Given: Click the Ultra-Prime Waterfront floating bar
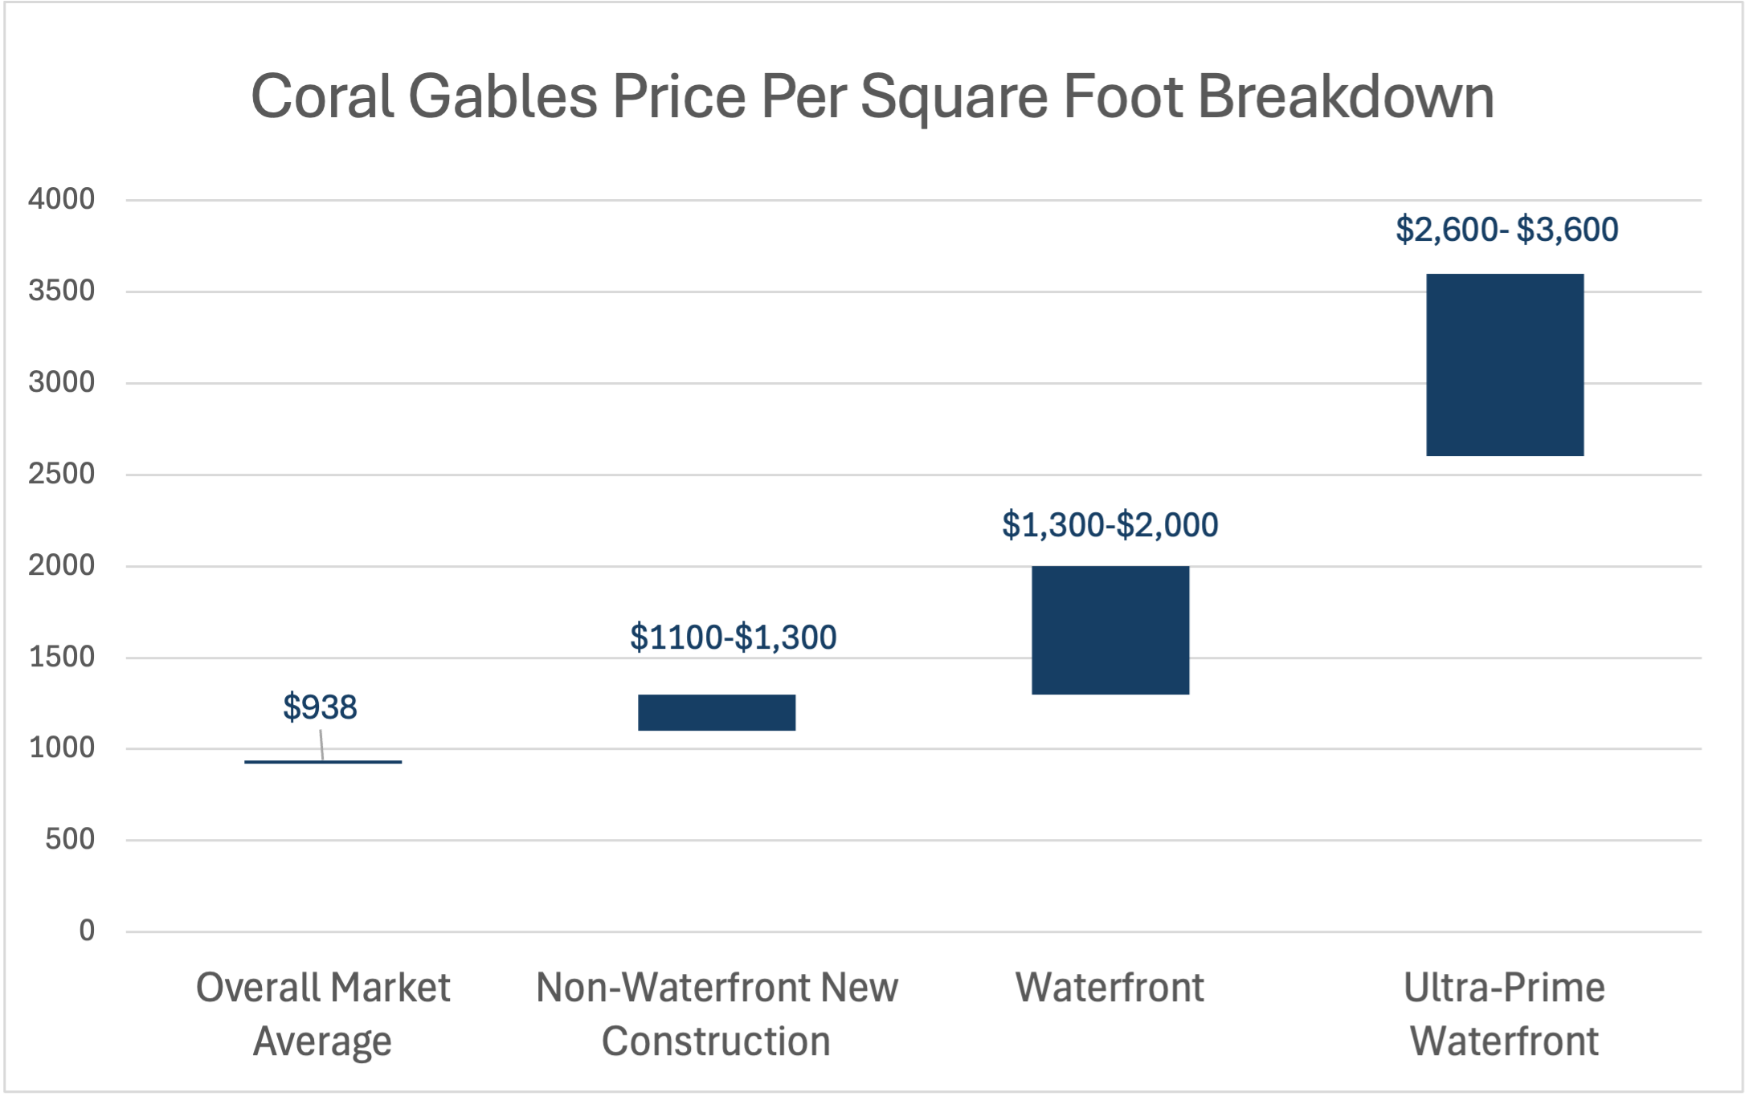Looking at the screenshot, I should click(x=1505, y=365).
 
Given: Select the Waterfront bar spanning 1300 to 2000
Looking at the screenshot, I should click(x=1110, y=629).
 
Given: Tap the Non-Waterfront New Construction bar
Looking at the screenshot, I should click(x=717, y=712).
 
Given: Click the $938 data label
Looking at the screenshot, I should click(x=320, y=707).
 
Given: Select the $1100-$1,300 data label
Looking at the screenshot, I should click(x=733, y=638).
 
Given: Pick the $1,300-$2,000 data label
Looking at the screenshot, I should click(x=1109, y=525).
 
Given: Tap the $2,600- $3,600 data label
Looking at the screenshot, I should click(x=1506, y=230).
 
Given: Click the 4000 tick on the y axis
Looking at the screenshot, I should click(x=61, y=199).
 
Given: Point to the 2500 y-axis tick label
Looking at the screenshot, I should click(x=61, y=474).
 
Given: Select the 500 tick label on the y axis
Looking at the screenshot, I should click(x=70, y=840).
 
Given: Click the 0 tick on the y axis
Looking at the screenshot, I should click(x=87, y=931).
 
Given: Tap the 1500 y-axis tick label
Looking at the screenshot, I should click(x=61, y=657).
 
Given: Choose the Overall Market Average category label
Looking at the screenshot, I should click(x=323, y=1013).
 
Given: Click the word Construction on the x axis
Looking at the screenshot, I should click(x=716, y=1041).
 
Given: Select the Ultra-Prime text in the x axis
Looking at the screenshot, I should click(x=1504, y=988).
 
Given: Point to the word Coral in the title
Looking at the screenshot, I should click(x=322, y=97).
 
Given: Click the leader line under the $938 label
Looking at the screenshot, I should click(x=321, y=744).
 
